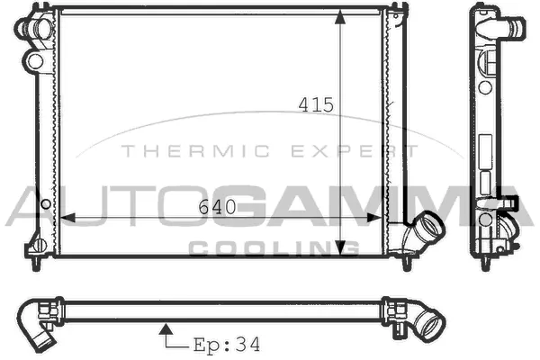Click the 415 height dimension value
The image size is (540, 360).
(317, 105)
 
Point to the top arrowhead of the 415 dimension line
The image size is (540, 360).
(340, 18)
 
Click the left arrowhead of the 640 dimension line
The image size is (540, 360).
(62, 217)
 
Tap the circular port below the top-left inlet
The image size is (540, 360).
(35, 61)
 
